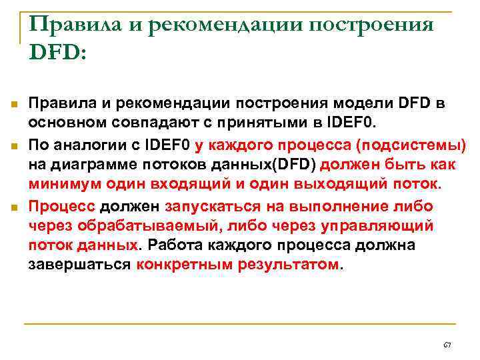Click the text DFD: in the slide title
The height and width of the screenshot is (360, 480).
(58, 53)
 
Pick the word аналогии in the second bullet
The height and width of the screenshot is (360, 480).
(84, 144)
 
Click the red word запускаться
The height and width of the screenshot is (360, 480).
(211, 206)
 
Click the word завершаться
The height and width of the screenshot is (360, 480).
(79, 264)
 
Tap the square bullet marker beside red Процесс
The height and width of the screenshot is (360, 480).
(13, 207)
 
